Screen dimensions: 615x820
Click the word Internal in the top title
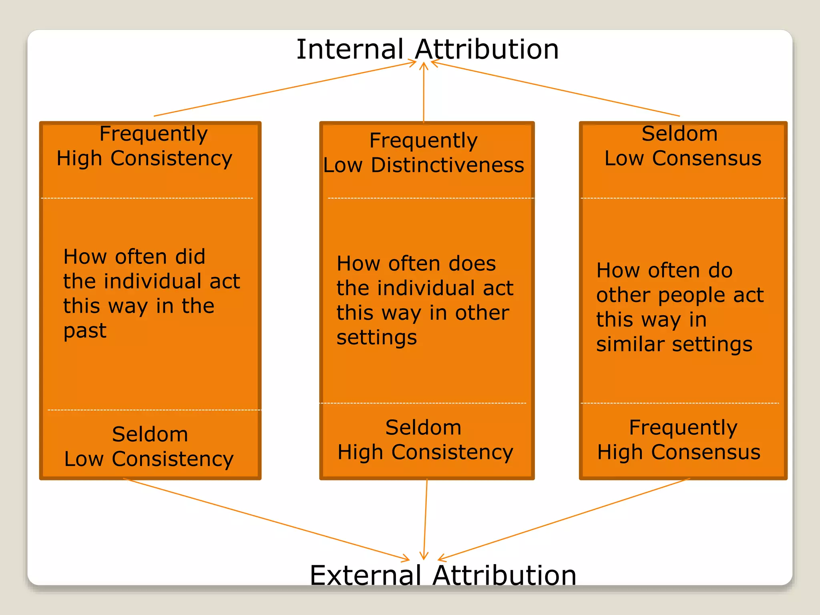pos(350,50)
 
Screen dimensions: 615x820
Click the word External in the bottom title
pos(366,575)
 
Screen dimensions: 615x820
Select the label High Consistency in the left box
pos(144,159)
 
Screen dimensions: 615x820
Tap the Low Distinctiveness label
pos(424,165)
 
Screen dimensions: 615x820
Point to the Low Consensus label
pos(683,158)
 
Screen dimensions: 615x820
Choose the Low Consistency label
pos(149,459)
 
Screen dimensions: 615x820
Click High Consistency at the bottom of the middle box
pos(425,452)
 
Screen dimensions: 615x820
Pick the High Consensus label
pos(679,452)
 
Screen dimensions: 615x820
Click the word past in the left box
pos(85,331)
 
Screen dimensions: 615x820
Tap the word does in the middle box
pos(472,264)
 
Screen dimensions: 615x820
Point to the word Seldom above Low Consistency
pos(150,434)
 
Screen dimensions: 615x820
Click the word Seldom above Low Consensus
pos(679,134)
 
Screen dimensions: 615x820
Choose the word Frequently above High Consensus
pos(683,428)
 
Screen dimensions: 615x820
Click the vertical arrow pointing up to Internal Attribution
pos(424,92)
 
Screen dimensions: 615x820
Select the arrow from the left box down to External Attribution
pos(264,519)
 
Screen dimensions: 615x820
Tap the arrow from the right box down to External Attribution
pos(565,519)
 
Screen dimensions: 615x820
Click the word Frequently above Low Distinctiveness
pos(423,141)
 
